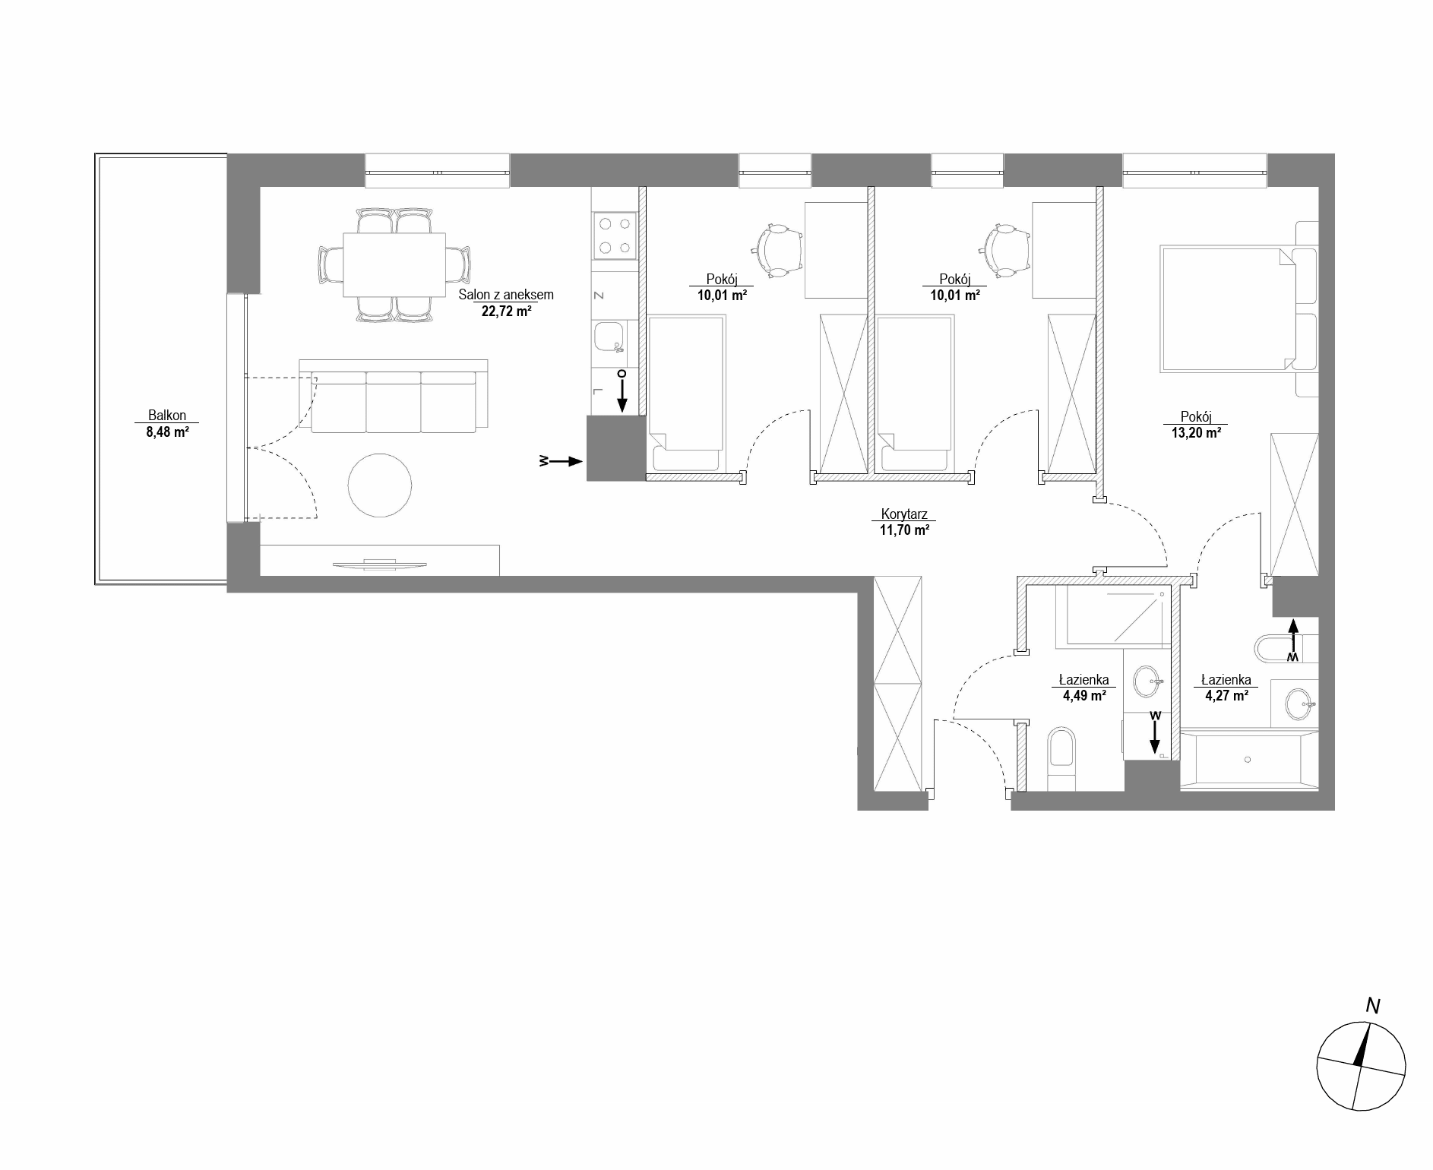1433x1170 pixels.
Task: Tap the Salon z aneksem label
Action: point(506,295)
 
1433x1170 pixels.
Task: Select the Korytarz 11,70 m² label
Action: point(904,522)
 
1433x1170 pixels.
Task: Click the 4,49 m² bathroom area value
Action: point(1084,694)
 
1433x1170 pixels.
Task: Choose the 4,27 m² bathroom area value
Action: point(1226,694)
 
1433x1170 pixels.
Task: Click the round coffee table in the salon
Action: point(380,485)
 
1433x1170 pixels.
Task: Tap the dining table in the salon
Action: point(394,265)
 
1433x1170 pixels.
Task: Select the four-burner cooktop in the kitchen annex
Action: point(615,236)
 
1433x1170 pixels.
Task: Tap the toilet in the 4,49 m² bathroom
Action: point(1061,759)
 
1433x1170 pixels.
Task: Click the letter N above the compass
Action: point(1372,1006)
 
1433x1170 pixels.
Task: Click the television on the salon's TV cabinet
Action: point(379,563)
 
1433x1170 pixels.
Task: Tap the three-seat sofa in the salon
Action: point(394,396)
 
